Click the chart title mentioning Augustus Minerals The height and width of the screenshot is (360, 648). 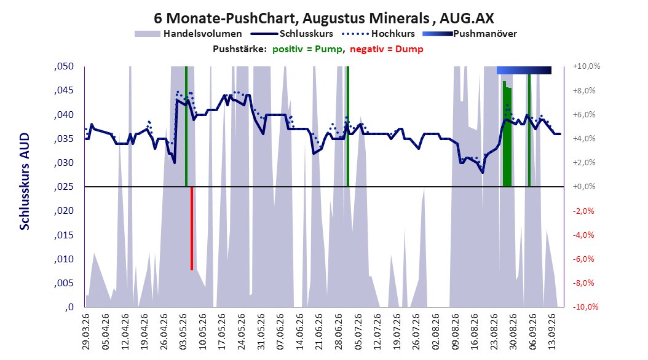(324, 18)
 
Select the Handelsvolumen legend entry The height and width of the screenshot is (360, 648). (189, 34)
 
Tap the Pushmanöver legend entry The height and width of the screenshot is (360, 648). (470, 34)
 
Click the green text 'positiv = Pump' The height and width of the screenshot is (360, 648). (307, 49)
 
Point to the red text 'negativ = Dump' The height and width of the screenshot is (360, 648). (387, 49)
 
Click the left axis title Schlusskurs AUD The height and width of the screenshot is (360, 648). (25, 181)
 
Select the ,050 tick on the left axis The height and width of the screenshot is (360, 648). (64, 66)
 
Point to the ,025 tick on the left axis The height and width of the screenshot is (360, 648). (64, 187)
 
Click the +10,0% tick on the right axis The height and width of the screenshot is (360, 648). (587, 66)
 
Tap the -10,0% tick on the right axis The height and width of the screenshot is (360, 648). (585, 307)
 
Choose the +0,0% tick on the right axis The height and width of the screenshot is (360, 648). (584, 187)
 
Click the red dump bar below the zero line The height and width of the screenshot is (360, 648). (192, 229)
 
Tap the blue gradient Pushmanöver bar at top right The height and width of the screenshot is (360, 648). (524, 70)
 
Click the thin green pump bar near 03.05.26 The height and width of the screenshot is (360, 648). (186, 127)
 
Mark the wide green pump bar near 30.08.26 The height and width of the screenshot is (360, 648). (507, 134)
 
